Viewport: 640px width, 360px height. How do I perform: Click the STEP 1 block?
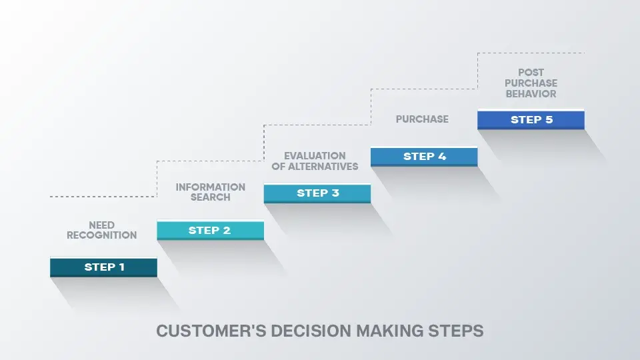[103, 267]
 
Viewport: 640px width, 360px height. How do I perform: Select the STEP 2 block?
[210, 231]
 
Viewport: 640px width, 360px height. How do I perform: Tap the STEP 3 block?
[317, 193]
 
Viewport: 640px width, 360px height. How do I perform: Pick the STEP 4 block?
[424, 157]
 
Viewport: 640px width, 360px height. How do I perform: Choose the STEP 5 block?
[531, 120]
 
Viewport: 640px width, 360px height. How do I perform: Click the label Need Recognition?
[101, 230]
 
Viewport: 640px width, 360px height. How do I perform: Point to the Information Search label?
[211, 192]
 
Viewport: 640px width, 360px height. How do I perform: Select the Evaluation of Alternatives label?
[315, 161]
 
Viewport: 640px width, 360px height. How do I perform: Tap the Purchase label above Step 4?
[422, 119]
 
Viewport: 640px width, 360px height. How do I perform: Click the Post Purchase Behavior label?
[531, 83]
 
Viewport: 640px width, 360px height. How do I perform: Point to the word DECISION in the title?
[305, 331]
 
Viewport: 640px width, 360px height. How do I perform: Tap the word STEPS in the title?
[457, 331]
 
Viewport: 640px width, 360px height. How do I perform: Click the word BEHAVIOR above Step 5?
[531, 94]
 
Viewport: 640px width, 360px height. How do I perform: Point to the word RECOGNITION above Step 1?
[101, 235]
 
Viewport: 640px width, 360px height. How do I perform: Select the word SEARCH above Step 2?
[211, 197]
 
